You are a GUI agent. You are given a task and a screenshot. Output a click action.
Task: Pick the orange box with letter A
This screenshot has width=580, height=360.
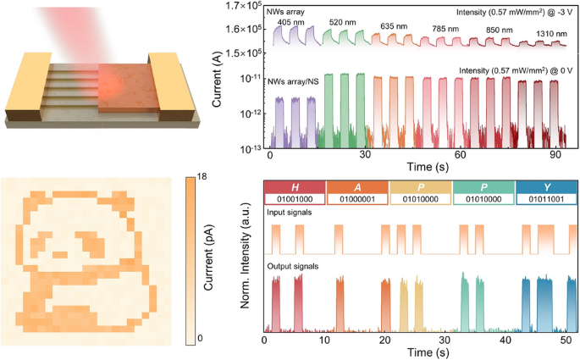click(x=356, y=186)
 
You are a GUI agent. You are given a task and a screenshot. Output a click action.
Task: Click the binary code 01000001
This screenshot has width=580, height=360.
click(x=356, y=199)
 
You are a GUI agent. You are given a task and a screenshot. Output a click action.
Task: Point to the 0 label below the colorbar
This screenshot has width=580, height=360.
click(x=191, y=338)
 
